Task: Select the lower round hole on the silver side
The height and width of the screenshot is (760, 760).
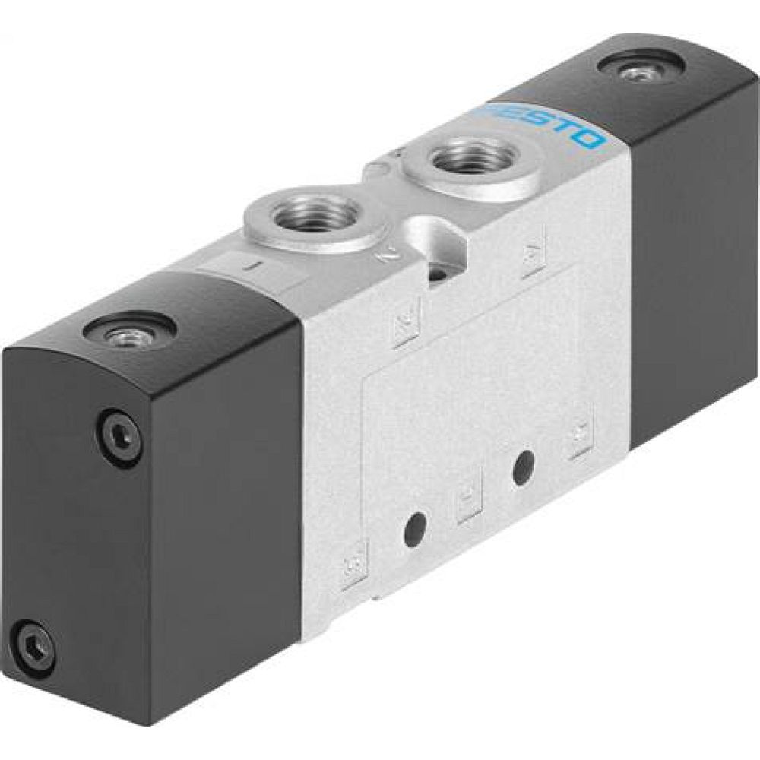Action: point(415,528)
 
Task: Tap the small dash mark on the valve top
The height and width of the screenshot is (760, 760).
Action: point(255,266)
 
